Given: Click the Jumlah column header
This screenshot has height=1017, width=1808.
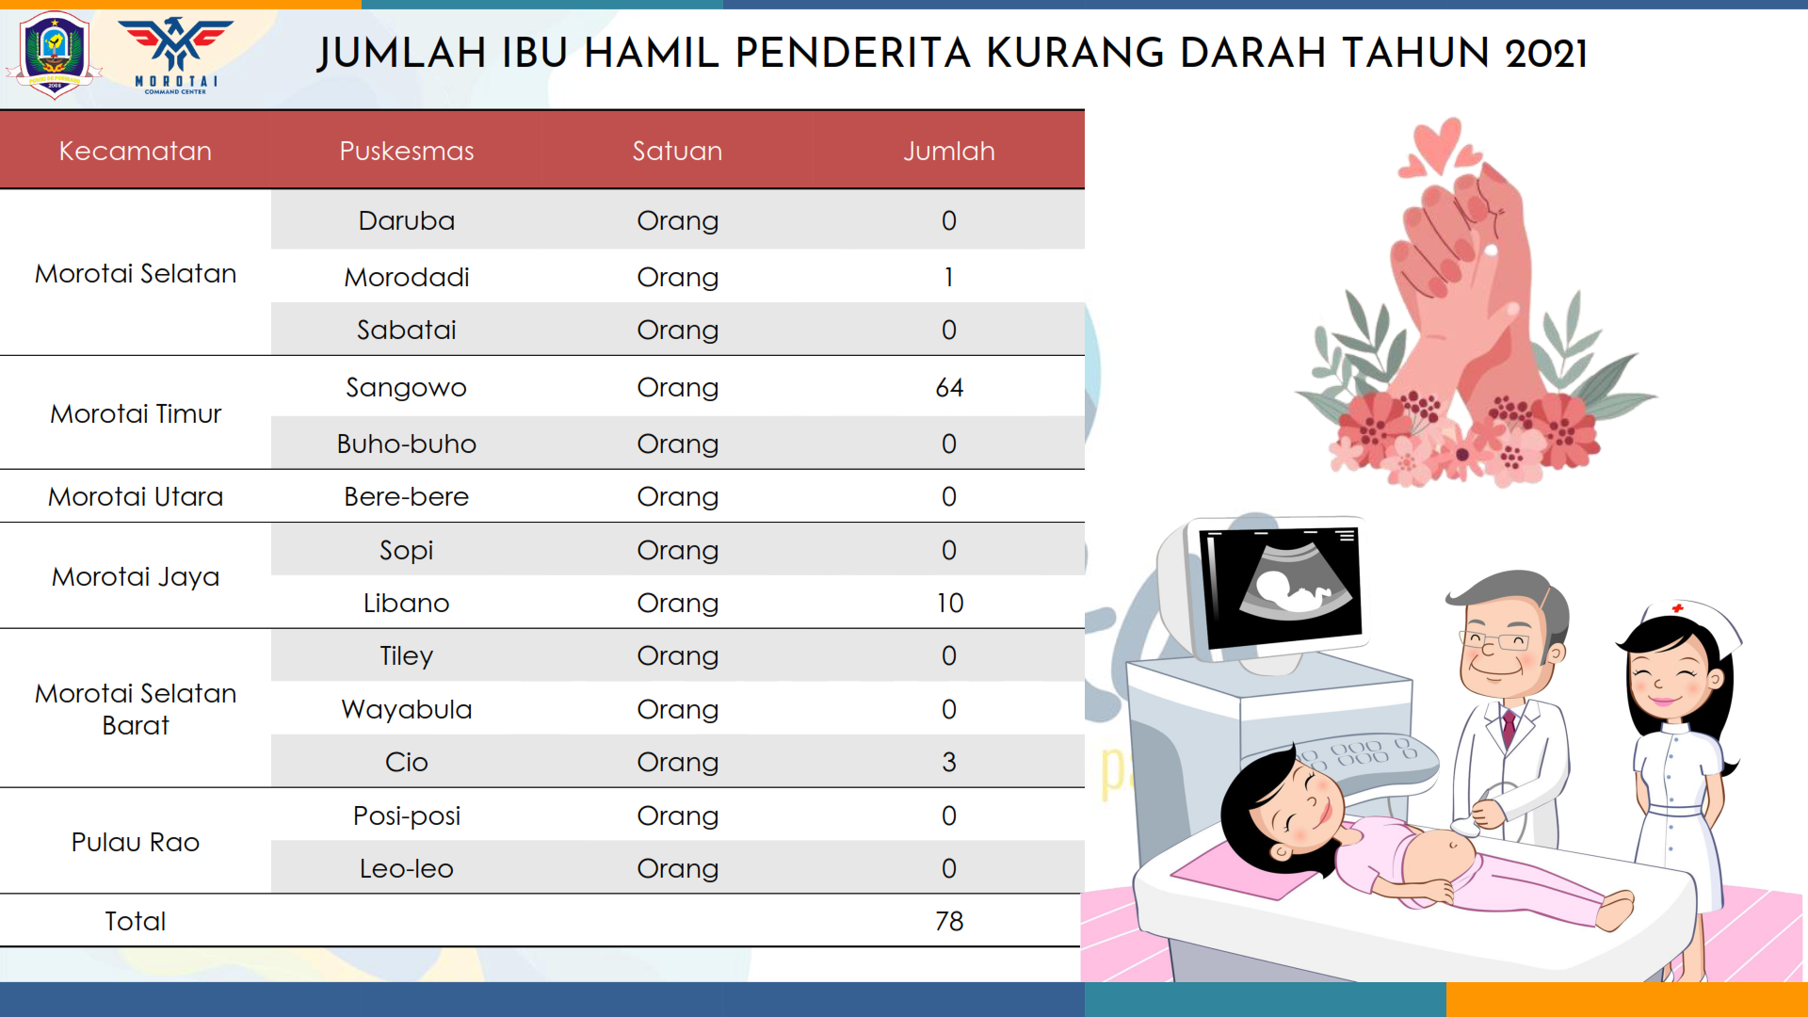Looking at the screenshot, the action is (948, 151).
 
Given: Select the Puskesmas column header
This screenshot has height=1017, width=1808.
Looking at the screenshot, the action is (407, 151).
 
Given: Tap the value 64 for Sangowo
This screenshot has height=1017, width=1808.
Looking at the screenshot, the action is (949, 387).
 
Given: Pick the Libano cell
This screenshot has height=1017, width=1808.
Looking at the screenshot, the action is (407, 603).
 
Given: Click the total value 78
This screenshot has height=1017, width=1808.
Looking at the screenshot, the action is (949, 921).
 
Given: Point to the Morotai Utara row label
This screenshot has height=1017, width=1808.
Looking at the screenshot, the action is (136, 496).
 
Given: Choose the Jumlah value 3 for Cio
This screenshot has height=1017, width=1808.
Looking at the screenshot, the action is (949, 762).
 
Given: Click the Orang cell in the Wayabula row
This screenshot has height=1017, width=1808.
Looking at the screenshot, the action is (678, 710).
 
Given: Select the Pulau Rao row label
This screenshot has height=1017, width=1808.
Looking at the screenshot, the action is (136, 842).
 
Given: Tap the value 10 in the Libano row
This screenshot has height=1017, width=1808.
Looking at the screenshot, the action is (949, 603).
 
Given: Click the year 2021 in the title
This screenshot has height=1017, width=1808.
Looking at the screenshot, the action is (1546, 54).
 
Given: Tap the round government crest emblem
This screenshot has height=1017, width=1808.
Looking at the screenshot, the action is (54, 55).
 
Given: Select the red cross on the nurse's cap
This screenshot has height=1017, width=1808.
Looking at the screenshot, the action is (1678, 608).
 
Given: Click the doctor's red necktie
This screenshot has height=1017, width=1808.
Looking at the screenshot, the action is (1509, 728).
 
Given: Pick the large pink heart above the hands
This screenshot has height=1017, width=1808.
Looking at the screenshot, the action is (1438, 144).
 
